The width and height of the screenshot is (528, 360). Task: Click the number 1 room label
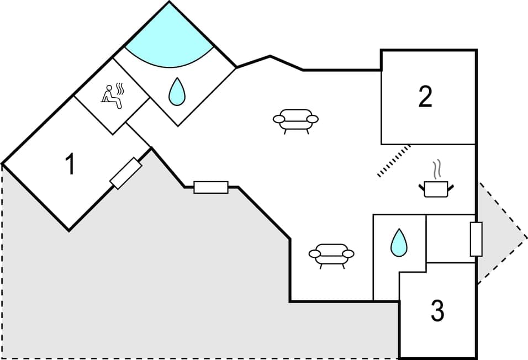point(70,165)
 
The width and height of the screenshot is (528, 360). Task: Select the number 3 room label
point(437,311)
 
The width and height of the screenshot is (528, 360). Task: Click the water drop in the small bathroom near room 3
point(399,242)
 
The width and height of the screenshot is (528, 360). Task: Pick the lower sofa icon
point(331,255)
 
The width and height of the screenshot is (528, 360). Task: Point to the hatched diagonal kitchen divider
point(394,161)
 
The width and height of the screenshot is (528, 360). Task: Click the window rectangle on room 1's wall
point(125,173)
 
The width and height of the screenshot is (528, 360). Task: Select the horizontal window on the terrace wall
point(211,187)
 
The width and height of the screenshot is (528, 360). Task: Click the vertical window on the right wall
point(476,239)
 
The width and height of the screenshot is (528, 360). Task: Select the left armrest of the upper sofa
point(278,119)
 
